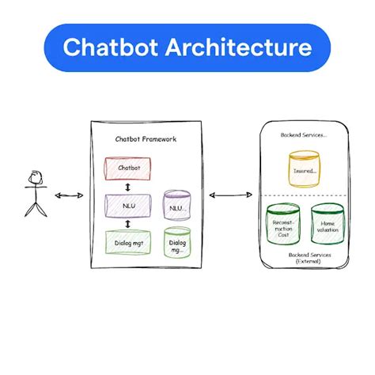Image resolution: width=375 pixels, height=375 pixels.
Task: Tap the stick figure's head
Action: [x=35, y=175]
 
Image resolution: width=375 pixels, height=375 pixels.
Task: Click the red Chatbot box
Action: [x=129, y=168]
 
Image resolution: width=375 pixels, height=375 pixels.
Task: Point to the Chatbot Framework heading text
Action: [x=146, y=139]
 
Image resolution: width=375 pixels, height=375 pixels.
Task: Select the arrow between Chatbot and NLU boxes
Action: [x=129, y=186]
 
